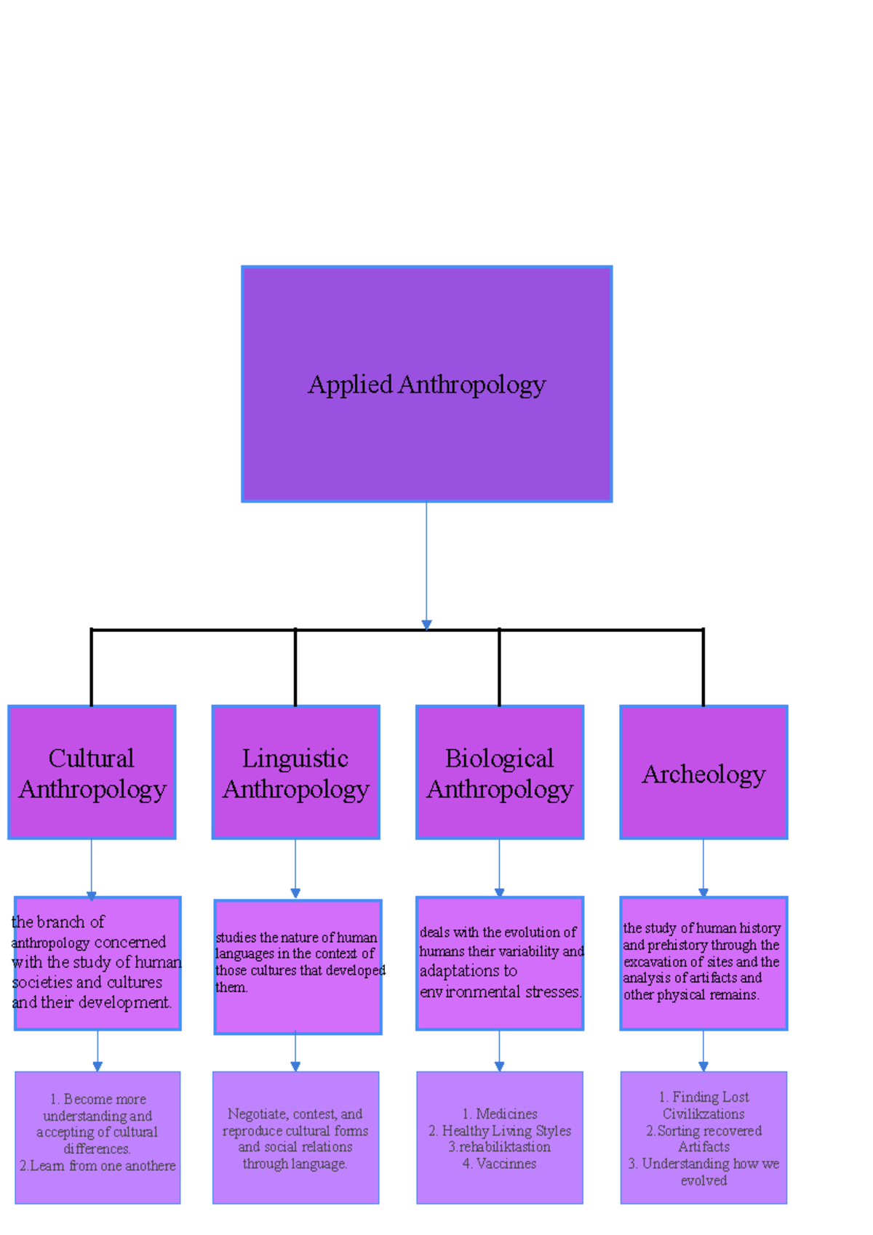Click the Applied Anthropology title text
click(x=426, y=384)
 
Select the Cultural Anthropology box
click(x=92, y=772)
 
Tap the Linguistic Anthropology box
click(x=295, y=772)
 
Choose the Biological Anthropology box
click(x=499, y=772)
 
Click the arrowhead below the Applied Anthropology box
click(x=426, y=624)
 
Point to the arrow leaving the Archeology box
click(x=703, y=868)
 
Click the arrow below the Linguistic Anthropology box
click(x=295, y=868)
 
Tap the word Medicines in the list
click(x=506, y=1114)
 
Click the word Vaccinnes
click(x=506, y=1163)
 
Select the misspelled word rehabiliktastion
click(x=504, y=1146)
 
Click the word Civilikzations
click(x=703, y=1114)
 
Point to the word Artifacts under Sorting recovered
click(x=703, y=1146)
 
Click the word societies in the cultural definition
click(x=39, y=982)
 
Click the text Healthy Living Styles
click(x=506, y=1130)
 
